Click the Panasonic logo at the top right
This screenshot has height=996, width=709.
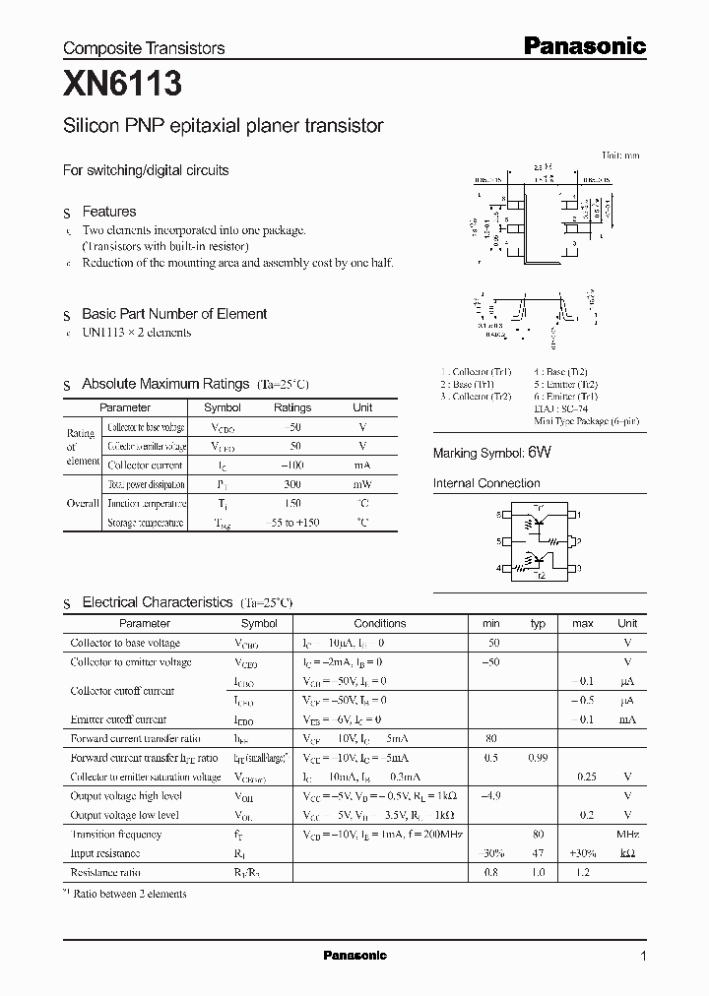coord(583,45)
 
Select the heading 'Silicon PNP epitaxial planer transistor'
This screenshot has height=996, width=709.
coord(223,126)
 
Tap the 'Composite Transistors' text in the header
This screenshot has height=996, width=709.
coord(144,47)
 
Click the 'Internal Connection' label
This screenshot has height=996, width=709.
coord(486,483)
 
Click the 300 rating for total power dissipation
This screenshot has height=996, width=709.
coord(291,484)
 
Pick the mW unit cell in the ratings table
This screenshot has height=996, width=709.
coord(362,484)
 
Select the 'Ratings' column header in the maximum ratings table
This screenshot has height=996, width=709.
coord(291,407)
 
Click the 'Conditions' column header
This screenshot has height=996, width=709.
coord(379,623)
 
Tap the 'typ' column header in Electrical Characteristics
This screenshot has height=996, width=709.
coord(538,623)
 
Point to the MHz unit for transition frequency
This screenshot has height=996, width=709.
coord(627,834)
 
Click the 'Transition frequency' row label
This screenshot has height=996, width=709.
coord(116,834)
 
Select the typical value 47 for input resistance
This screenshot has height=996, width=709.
coord(538,852)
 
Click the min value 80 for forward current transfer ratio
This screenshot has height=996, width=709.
coord(490,738)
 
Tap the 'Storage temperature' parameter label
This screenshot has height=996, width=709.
coord(145,523)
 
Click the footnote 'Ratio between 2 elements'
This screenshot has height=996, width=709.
coord(130,894)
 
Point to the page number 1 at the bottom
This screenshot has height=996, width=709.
coord(643,956)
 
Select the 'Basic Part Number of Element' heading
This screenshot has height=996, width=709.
coord(174,314)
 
